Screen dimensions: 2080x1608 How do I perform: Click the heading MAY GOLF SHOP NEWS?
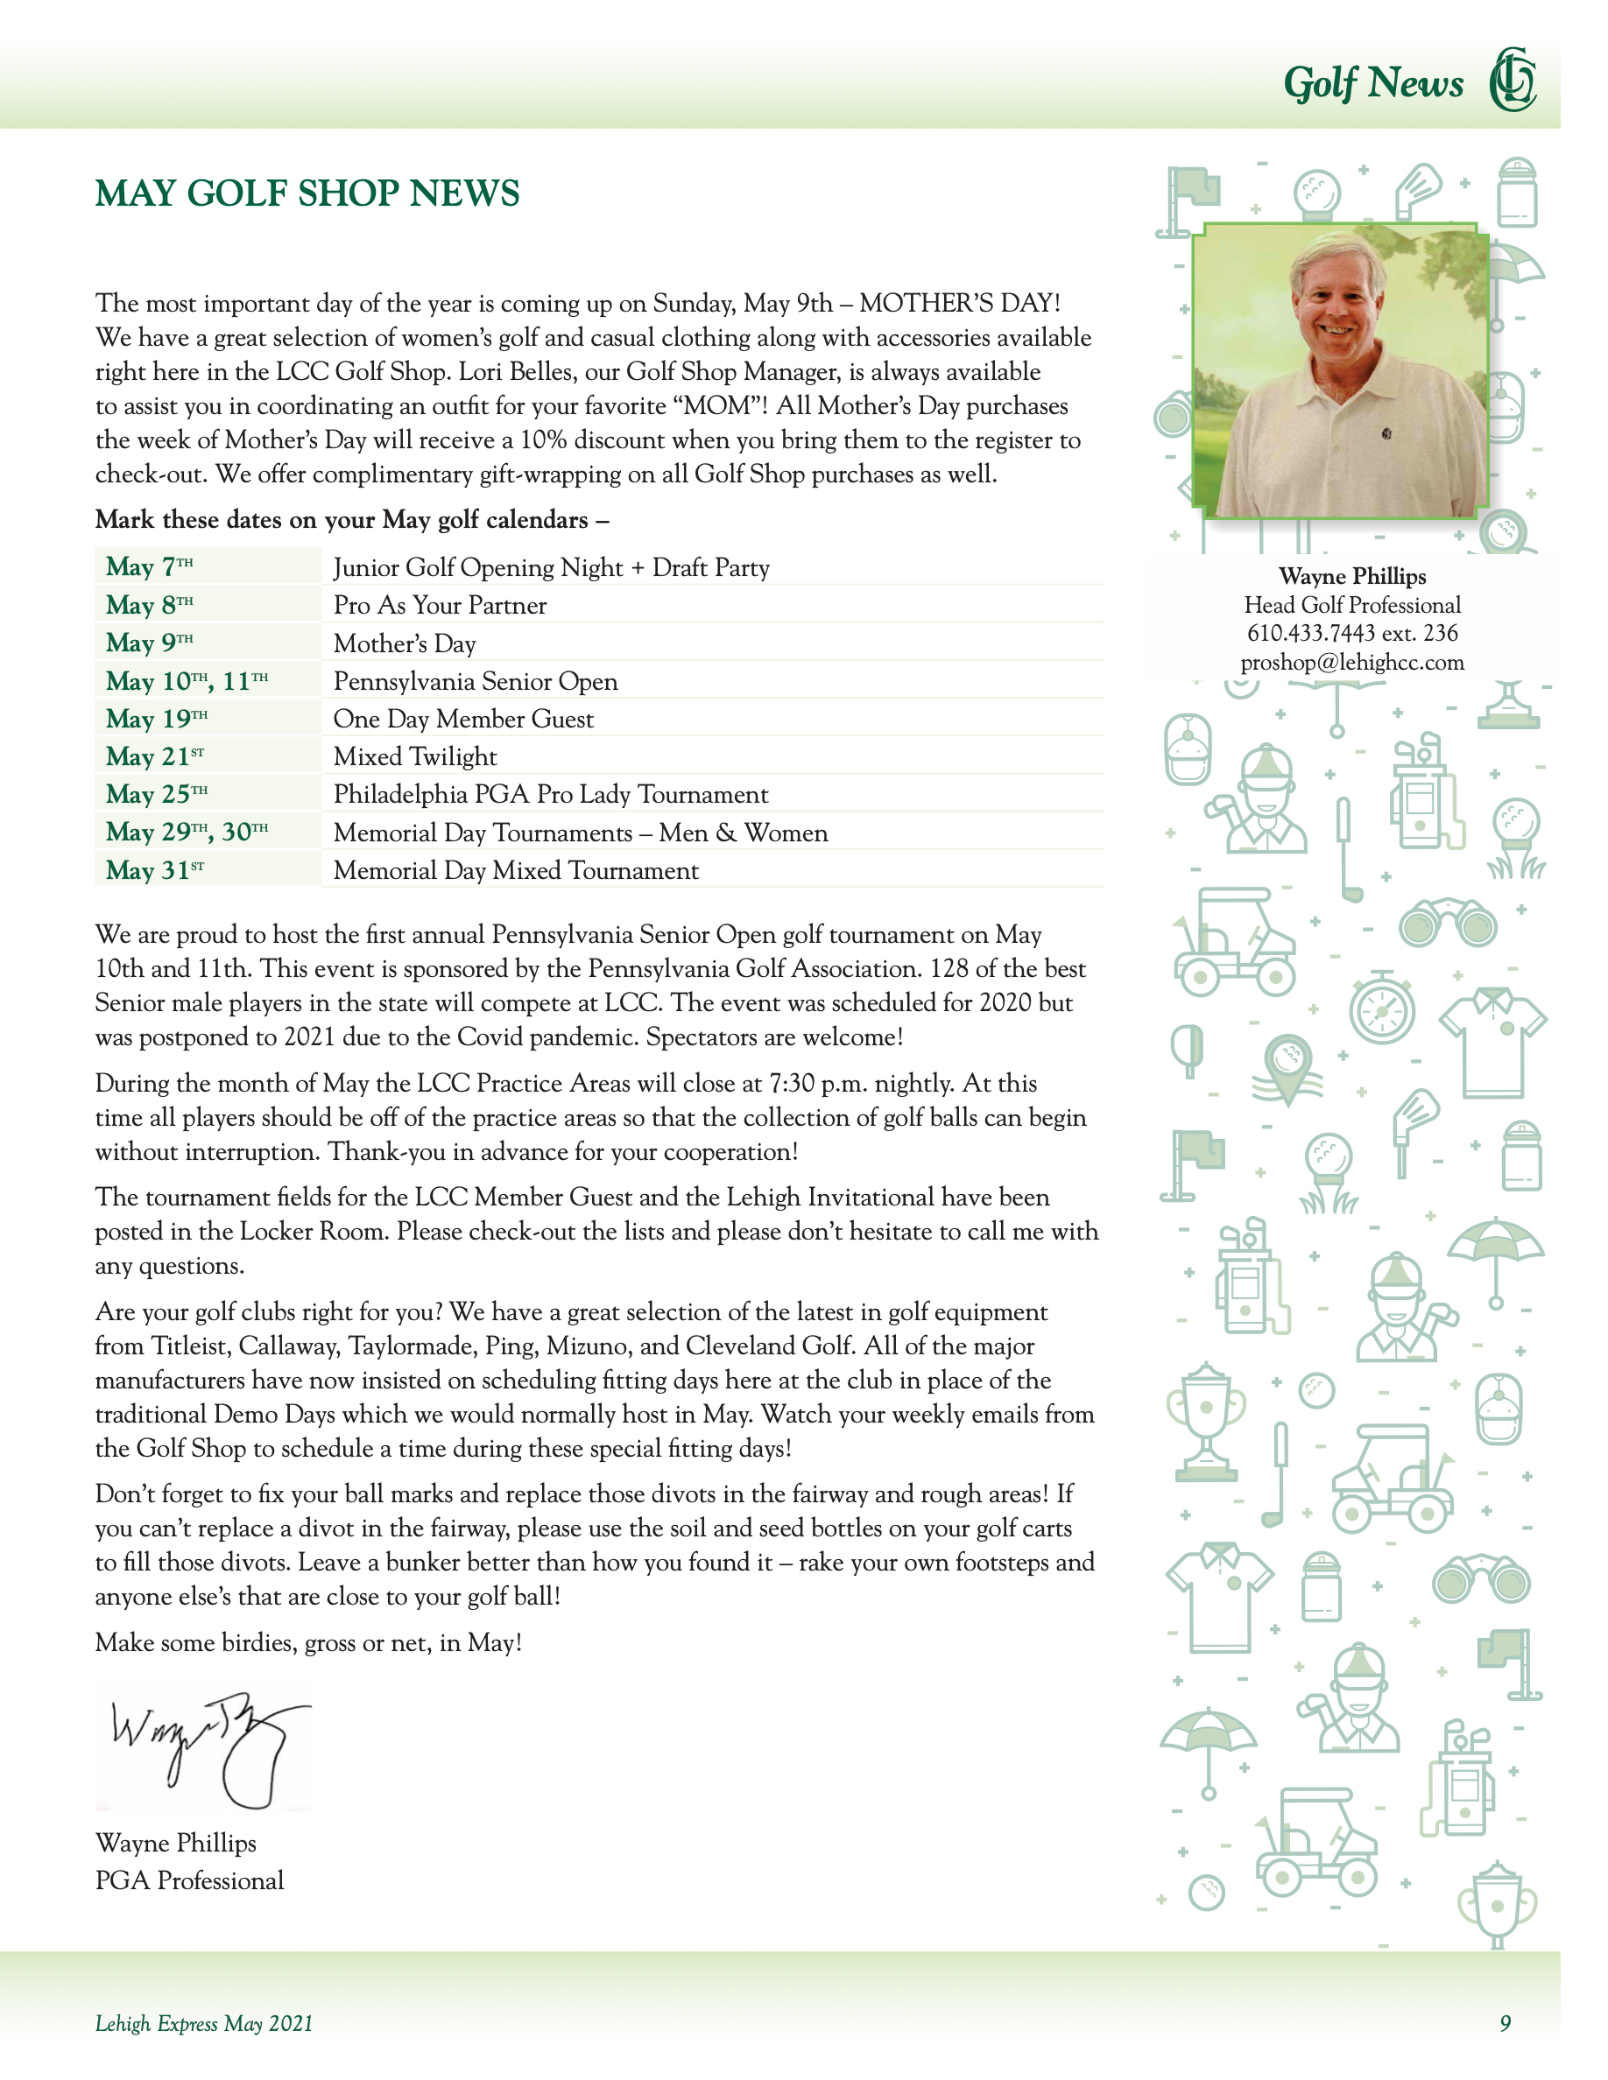tap(307, 193)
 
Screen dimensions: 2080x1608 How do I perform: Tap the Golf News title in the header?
tap(1372, 84)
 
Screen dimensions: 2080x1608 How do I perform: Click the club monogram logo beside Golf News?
tap(1513, 80)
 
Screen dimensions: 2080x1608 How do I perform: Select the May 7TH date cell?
tap(150, 566)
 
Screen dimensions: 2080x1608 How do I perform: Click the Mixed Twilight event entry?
tap(414, 757)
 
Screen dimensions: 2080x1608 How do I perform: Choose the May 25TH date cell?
tap(156, 794)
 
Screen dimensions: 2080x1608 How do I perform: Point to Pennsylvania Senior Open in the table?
tap(476, 682)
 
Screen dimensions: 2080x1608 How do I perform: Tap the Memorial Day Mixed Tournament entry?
tap(515, 870)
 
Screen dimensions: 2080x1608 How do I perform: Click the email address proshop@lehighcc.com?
tap(1351, 663)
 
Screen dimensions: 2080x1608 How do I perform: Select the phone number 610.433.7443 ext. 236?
tap(1351, 633)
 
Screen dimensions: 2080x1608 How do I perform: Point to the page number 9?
tap(1506, 2023)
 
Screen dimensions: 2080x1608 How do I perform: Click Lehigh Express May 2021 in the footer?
tap(204, 2023)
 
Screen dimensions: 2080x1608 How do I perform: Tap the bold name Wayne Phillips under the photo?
tap(1351, 576)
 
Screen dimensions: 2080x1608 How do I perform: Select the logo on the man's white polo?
tap(1387, 434)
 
